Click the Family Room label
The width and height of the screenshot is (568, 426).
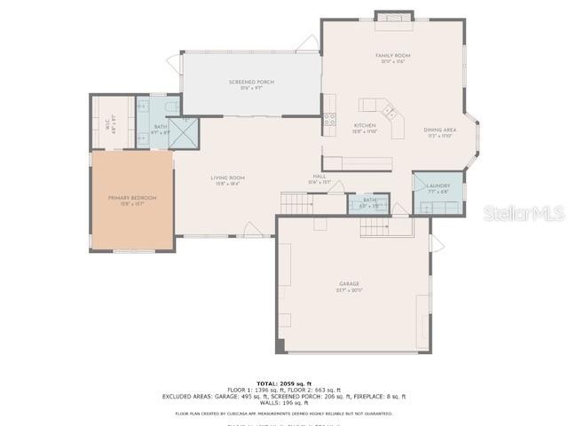click(x=392, y=55)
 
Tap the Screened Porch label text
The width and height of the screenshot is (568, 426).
click(x=251, y=82)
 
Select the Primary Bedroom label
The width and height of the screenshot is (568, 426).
click(x=131, y=198)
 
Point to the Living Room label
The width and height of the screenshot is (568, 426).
click(x=227, y=177)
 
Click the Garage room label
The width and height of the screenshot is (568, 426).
click(x=348, y=284)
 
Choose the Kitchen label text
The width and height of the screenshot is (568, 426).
click(x=366, y=125)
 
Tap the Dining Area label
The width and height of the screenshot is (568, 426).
click(x=441, y=130)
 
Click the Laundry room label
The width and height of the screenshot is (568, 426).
click(x=438, y=185)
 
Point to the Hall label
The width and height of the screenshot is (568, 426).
click(x=319, y=177)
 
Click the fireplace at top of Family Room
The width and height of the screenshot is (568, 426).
click(x=393, y=15)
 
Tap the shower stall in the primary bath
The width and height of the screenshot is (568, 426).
click(x=184, y=132)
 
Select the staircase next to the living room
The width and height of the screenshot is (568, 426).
click(x=296, y=203)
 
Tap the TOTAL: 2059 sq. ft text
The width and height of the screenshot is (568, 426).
click(x=284, y=383)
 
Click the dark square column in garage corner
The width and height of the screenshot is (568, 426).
click(x=280, y=345)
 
